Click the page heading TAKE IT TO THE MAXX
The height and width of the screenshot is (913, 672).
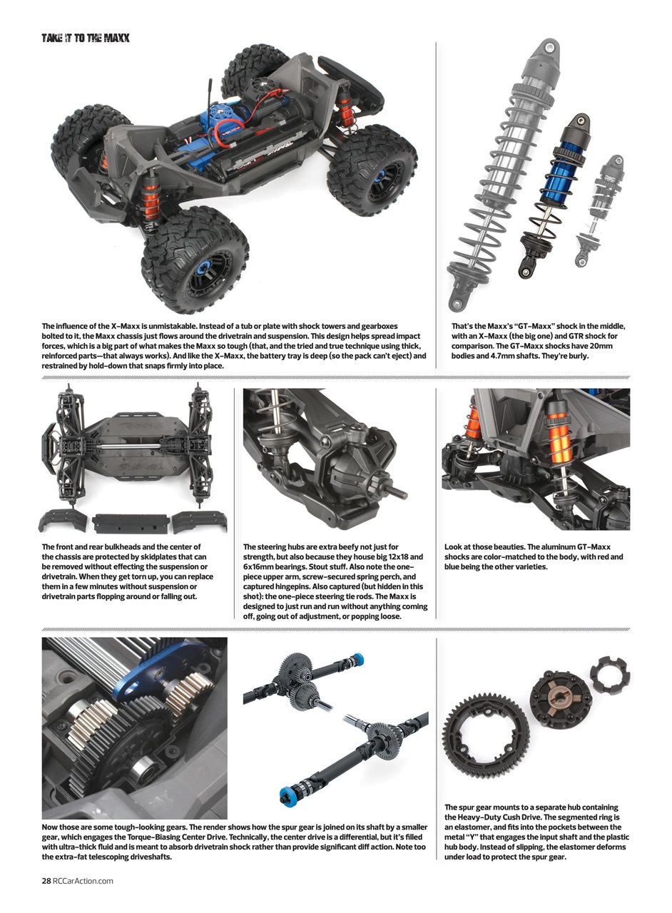coord(85,37)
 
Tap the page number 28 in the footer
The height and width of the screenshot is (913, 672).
coord(46,880)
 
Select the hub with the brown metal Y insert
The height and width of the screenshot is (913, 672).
coord(561,693)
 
